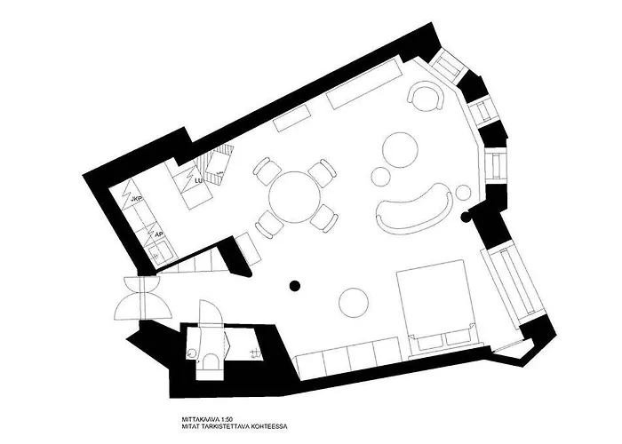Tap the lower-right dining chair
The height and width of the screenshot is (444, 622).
(x=326, y=216)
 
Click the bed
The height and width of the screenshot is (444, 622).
(x=437, y=303)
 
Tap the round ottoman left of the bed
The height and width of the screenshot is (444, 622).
(x=354, y=301)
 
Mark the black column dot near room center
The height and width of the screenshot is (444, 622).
(x=294, y=285)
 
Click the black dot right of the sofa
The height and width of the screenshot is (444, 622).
(x=464, y=216)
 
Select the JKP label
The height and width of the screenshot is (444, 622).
(x=137, y=199)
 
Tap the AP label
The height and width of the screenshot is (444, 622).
(x=158, y=234)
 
